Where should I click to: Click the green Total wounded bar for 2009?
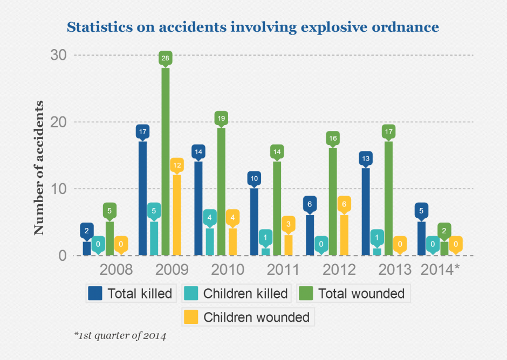165,162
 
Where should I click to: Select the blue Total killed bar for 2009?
143,198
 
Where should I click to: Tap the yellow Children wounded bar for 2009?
176,214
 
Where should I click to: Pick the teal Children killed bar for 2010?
210,241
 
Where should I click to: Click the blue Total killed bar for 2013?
366,212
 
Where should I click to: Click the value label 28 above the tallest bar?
165,58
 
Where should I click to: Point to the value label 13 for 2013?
366,158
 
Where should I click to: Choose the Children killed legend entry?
237,293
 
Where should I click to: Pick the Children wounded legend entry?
248,317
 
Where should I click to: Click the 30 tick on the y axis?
58,55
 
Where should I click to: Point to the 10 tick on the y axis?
58,189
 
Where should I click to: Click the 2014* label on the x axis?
439,269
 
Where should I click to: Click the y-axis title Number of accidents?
39,168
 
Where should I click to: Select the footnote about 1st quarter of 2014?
120,336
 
